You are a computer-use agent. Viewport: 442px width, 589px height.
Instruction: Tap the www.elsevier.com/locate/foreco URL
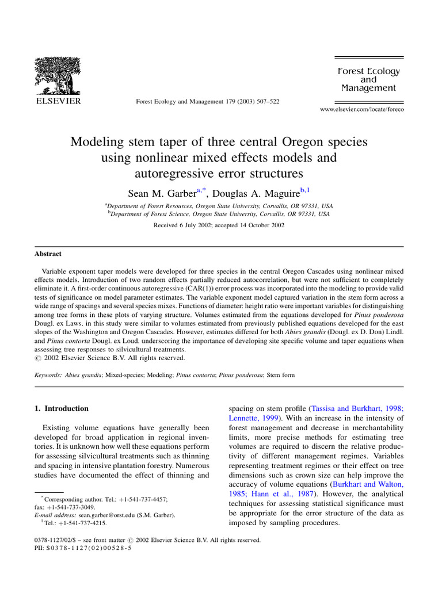(x=361, y=110)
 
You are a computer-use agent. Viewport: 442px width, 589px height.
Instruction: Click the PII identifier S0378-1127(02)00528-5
(x=92, y=549)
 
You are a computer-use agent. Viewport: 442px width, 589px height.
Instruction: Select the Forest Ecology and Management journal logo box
(x=368, y=80)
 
